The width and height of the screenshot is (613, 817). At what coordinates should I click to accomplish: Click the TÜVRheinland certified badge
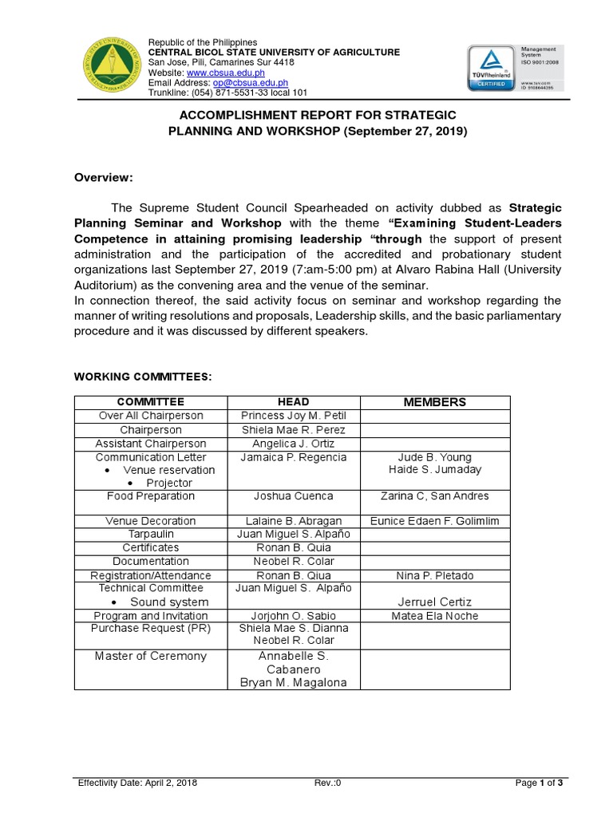tap(489, 67)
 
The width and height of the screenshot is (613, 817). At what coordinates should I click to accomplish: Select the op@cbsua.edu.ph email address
tap(250, 82)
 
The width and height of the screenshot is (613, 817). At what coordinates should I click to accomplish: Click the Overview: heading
tap(104, 177)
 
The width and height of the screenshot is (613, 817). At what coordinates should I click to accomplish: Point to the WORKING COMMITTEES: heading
tap(143, 376)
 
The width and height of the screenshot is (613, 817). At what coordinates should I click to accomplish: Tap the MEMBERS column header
tap(435, 401)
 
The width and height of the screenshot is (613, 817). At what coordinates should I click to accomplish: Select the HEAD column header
tap(294, 402)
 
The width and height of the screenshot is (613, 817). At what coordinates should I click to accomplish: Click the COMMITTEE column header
tap(151, 402)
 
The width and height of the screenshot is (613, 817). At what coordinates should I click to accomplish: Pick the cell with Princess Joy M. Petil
tap(294, 416)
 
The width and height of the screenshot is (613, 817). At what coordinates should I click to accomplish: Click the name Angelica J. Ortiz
tap(294, 444)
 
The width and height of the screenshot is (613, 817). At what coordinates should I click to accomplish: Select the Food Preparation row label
tap(151, 496)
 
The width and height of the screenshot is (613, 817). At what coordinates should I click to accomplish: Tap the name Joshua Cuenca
tap(294, 496)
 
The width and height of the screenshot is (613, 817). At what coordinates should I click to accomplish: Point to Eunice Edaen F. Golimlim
tap(435, 521)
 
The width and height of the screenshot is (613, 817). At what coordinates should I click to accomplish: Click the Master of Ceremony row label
tap(151, 656)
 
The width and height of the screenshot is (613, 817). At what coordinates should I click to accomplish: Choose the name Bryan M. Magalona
tap(294, 682)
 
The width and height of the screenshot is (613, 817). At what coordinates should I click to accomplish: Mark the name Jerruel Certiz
tap(435, 602)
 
